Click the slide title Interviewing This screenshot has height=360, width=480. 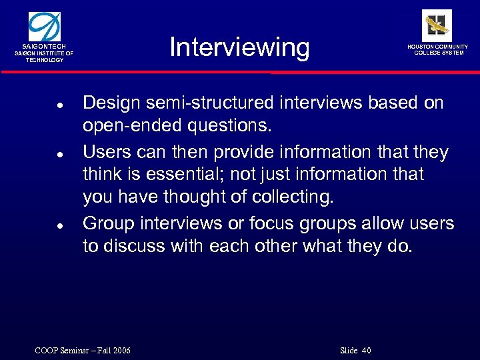tap(239, 48)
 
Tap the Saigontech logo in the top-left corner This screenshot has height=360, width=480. tap(44, 26)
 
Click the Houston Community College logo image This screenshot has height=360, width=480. tap(437, 25)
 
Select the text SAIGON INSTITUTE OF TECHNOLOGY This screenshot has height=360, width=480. tap(45, 56)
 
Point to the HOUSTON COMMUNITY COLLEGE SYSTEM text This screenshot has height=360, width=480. tap(438, 49)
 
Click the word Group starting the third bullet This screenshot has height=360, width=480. tap(107, 223)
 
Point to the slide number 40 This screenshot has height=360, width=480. tap(365, 351)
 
